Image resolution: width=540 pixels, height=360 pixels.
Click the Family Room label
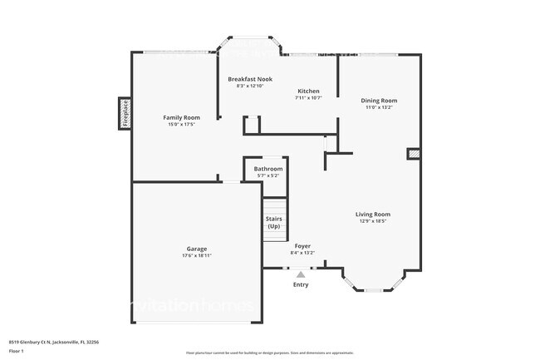tap(180, 117)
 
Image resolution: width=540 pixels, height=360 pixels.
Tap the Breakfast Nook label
tap(250, 78)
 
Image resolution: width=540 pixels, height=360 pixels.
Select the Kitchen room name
tap(307, 91)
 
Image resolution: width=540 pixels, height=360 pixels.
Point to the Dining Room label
tap(379, 100)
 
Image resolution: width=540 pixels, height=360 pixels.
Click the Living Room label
tap(374, 214)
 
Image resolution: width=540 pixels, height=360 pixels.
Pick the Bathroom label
tap(268, 169)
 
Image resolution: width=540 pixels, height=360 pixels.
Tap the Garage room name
tap(196, 249)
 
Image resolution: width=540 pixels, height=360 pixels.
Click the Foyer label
tap(302, 246)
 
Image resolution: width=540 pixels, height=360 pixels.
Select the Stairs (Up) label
tap(273, 223)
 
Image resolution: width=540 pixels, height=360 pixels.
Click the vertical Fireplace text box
tap(125, 113)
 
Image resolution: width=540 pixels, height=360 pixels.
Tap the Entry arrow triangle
tap(301, 274)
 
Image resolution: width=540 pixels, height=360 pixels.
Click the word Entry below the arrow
tap(301, 285)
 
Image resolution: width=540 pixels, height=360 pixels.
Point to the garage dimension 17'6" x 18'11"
tap(196, 255)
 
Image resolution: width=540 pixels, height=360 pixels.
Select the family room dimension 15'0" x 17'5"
tap(180, 125)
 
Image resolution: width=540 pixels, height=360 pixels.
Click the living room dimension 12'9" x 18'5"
tap(374, 221)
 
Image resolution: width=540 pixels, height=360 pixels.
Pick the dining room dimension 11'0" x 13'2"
tap(379, 107)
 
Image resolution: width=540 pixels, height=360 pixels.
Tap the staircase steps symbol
tap(274, 206)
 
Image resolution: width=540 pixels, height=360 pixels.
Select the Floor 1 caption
tap(17, 351)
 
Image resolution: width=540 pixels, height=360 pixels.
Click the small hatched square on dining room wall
tap(413, 153)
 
